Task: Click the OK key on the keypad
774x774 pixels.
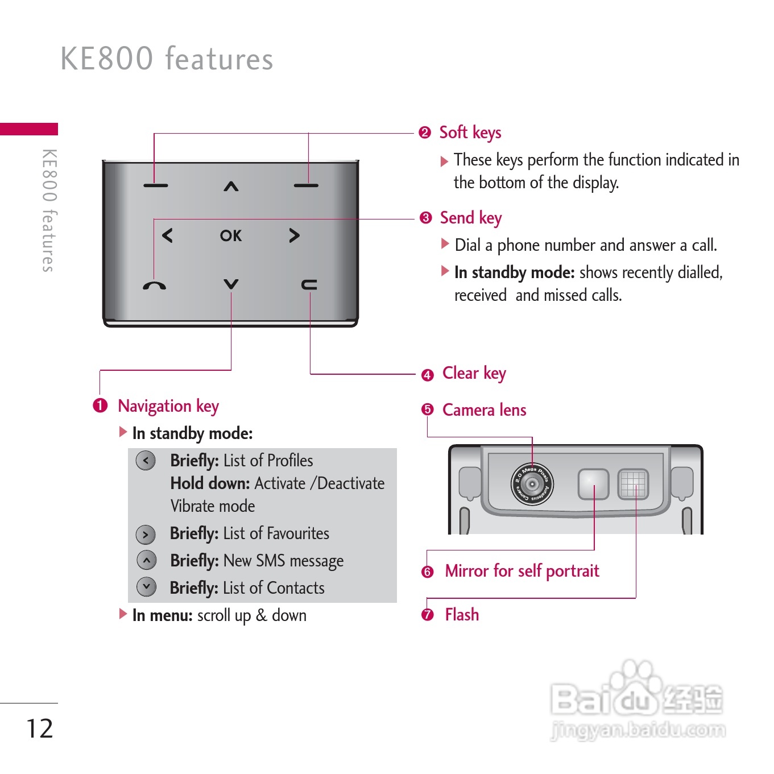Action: point(231,235)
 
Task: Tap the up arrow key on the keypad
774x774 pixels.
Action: point(231,186)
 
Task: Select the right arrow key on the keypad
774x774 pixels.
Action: point(294,235)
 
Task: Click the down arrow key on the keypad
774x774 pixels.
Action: point(231,284)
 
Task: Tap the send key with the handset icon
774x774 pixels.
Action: point(155,285)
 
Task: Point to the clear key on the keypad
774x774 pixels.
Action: point(309,284)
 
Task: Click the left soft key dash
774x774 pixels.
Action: point(155,185)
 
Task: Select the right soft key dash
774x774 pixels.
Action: point(306,185)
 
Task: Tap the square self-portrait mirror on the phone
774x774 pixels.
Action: point(593,485)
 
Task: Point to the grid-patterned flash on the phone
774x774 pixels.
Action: point(634,485)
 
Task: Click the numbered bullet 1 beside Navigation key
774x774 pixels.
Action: point(100,405)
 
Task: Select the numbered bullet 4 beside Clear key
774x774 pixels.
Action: point(428,375)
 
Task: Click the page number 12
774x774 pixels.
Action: point(40,729)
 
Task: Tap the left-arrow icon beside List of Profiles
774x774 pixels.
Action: point(146,460)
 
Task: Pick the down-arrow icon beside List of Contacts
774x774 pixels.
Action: point(147,586)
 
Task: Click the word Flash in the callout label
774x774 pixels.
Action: point(462,615)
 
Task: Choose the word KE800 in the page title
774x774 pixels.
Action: point(107,59)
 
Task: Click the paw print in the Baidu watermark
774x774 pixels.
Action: point(636,682)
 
